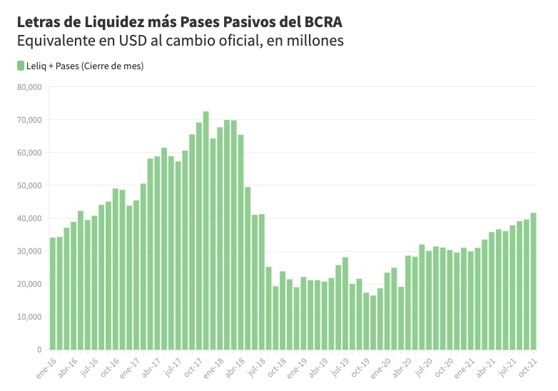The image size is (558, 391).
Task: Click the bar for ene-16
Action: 53,293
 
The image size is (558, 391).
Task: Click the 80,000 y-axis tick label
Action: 29,87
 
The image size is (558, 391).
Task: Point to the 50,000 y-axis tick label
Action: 29,186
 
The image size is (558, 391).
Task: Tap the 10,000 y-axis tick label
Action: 29,317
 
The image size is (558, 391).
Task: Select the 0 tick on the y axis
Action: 40,350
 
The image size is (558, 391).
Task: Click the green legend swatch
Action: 19,66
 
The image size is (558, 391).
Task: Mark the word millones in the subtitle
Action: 313,40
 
